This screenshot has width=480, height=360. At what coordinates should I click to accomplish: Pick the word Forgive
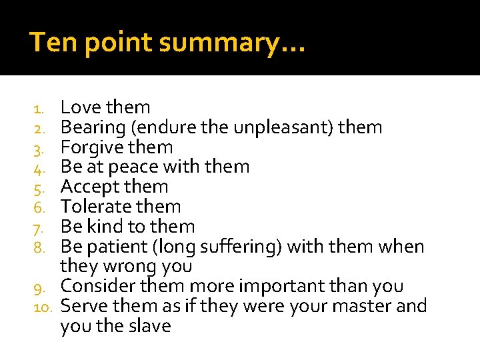point(93,147)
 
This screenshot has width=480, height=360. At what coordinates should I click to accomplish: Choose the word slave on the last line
point(149,327)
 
